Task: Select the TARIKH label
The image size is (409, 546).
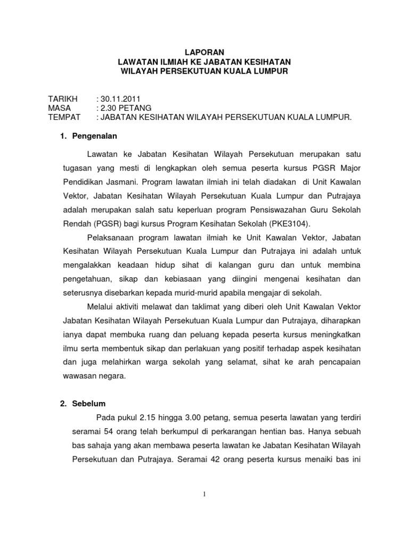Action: point(63,99)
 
